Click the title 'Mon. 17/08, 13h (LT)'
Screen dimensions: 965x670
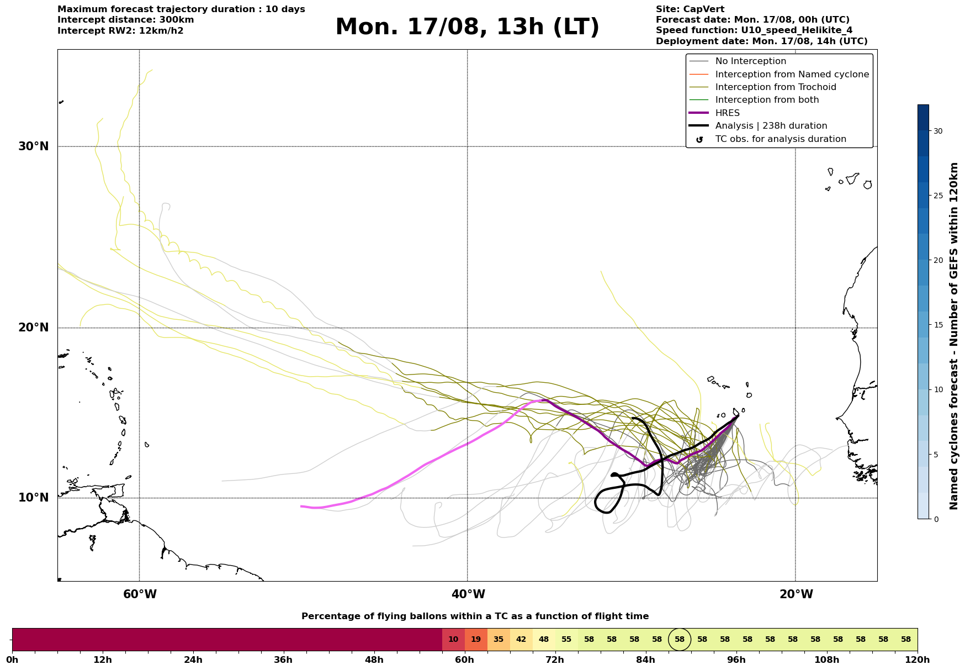coord(467,27)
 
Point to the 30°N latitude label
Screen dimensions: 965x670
coord(33,146)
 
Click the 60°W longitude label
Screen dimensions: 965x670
coord(140,594)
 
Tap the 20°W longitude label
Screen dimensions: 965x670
coord(796,594)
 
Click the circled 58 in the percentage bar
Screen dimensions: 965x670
coord(680,640)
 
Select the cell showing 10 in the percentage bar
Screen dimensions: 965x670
coord(453,640)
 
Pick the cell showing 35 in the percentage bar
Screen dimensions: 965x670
coord(499,640)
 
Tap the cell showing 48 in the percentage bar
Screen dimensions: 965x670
coord(544,640)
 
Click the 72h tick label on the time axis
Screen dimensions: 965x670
coord(555,660)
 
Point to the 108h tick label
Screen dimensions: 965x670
coord(827,660)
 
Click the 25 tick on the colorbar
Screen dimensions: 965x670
coord(938,196)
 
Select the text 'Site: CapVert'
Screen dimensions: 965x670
coord(690,9)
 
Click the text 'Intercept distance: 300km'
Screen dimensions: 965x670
coord(126,20)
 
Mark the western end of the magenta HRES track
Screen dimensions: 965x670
coord(301,506)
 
